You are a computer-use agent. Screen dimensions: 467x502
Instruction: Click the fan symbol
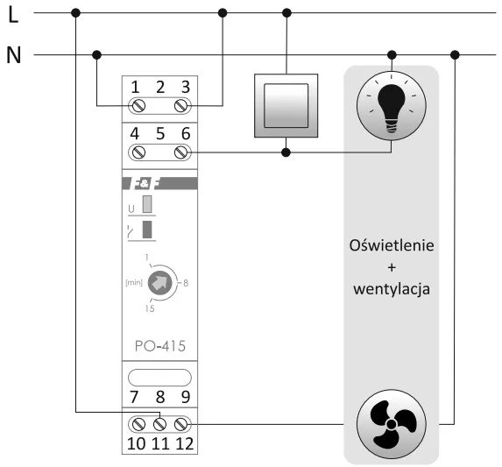click(392, 427)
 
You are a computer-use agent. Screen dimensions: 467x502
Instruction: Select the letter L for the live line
click(12, 14)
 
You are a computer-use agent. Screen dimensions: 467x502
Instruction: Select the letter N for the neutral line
click(13, 55)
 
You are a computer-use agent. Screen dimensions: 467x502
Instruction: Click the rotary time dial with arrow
click(159, 283)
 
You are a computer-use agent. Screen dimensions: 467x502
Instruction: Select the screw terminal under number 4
click(138, 152)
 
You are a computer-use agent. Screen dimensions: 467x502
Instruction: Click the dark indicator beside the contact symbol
click(147, 230)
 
